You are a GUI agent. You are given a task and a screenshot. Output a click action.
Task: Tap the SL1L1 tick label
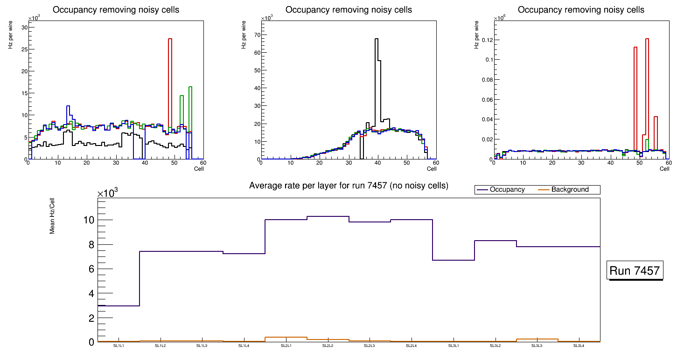(x=119, y=346)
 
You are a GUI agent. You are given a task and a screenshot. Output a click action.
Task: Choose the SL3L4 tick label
(x=579, y=346)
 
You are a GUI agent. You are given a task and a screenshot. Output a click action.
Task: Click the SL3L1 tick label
(x=454, y=346)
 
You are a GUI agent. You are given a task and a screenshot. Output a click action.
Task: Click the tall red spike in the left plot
(x=170, y=40)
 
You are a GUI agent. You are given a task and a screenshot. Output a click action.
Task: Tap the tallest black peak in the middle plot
(x=376, y=40)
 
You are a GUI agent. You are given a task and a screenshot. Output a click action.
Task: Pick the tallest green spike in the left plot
(x=190, y=88)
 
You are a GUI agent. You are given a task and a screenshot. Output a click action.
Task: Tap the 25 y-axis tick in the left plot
(x=23, y=49)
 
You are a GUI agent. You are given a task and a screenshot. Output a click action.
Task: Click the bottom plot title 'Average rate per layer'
(x=349, y=186)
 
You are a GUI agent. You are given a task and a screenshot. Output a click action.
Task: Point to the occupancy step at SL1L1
(x=119, y=305)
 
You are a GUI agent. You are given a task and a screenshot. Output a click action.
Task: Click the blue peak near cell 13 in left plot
(x=68, y=107)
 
